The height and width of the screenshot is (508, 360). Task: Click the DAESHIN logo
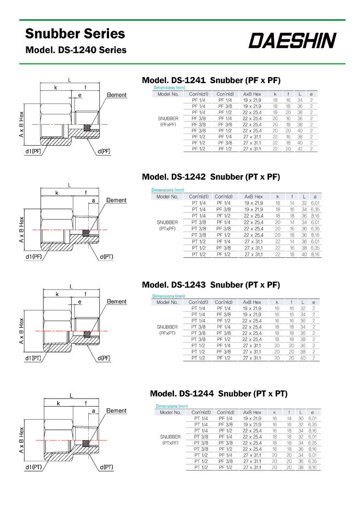point(294,41)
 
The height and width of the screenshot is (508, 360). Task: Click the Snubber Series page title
point(75,34)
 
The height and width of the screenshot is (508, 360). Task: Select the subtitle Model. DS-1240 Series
point(76,50)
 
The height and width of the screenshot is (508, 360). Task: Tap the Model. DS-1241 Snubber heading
point(211,80)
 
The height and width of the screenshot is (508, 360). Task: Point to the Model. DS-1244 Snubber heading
point(219,394)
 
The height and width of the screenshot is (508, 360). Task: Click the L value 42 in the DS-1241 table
point(300,149)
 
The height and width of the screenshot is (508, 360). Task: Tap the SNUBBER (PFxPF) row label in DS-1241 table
point(168,121)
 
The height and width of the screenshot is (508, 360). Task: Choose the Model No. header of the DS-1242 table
point(168,196)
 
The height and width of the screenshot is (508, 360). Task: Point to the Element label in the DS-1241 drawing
point(116,95)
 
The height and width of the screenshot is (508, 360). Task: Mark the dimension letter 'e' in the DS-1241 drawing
point(80,95)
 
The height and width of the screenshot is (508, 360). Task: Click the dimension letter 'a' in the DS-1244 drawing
point(94,411)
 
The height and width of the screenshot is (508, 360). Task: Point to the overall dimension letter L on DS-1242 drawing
point(70,185)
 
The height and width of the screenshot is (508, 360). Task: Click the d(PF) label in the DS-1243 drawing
point(104,359)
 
